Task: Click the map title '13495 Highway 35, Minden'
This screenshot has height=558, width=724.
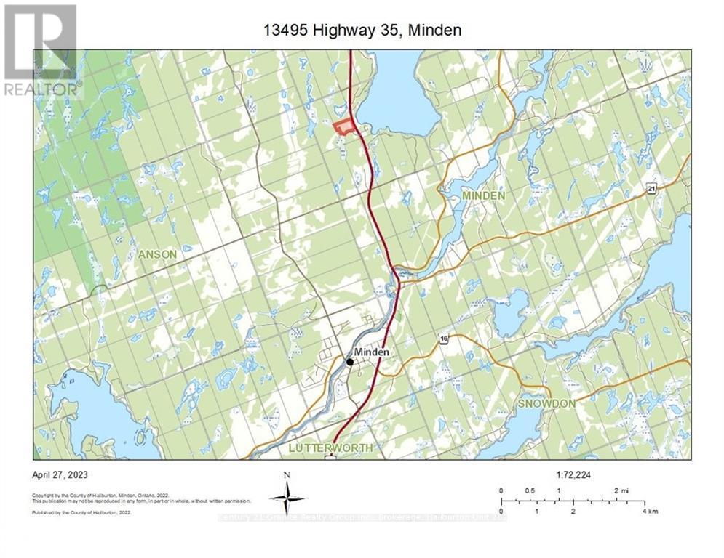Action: pos(362,31)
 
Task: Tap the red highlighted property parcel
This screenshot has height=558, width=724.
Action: pos(344,128)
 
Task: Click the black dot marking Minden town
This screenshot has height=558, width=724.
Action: pos(350,362)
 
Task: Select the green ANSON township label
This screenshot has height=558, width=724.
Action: pos(157,254)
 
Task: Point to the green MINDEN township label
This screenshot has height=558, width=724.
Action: pos(483,196)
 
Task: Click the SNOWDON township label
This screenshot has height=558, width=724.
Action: pos(546,403)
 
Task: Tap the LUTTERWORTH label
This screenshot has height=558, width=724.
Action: pos(330,448)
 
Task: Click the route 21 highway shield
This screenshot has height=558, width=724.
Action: pos(652,189)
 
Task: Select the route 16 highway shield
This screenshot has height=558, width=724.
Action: pos(442,339)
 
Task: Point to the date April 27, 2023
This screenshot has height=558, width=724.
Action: pos(60,474)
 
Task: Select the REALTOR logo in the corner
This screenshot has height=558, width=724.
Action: pos(41,50)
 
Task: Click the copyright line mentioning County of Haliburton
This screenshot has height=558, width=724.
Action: pos(101,496)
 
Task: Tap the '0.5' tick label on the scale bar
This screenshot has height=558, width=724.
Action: pos(529,490)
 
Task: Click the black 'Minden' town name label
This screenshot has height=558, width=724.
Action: pos(372,352)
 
